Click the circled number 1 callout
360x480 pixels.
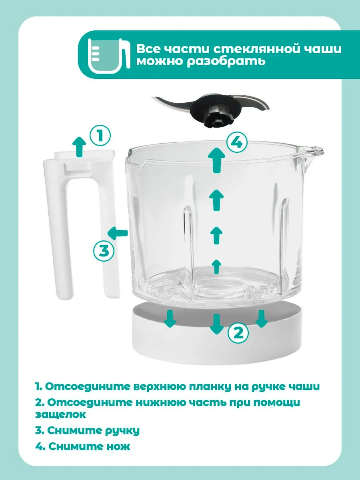point(100,136)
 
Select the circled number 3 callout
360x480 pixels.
point(104,250)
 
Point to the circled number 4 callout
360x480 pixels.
point(237,144)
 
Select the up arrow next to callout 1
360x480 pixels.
point(79,146)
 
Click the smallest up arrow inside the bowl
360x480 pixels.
point(216,267)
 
